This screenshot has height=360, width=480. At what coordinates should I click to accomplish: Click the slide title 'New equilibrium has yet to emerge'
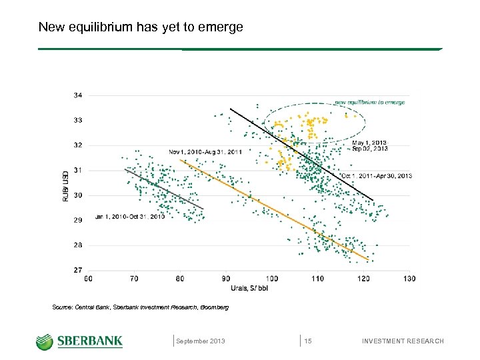141,27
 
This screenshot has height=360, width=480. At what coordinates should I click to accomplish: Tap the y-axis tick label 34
79,95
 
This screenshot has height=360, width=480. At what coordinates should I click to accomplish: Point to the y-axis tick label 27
79,271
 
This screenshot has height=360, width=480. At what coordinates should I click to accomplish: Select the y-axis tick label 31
79,171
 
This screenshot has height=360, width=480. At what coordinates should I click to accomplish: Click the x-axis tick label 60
89,278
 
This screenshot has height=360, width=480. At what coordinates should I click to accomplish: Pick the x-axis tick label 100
272,278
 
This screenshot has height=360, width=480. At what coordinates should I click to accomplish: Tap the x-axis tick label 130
409,278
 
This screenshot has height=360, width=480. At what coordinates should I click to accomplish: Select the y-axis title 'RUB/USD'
65,185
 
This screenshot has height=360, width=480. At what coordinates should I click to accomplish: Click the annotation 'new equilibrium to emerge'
369,103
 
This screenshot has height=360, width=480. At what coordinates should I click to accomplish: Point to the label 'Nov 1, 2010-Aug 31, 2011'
206,153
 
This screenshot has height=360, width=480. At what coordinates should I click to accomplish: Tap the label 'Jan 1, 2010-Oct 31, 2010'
130,217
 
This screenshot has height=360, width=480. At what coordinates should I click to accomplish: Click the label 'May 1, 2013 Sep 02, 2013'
369,146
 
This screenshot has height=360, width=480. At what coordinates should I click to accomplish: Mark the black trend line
300,153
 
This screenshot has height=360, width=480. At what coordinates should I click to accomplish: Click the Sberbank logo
79,341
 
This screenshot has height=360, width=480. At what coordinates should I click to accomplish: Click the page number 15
308,341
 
